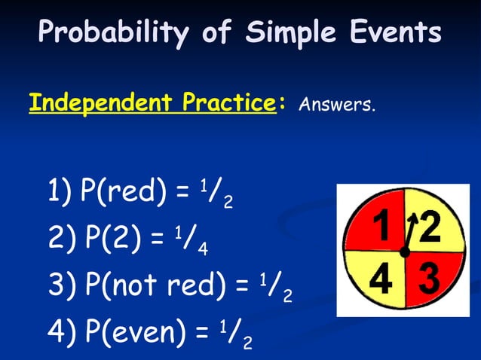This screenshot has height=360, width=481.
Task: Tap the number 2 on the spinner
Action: [x=430, y=228]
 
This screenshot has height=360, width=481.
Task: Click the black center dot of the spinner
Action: [x=405, y=253]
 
